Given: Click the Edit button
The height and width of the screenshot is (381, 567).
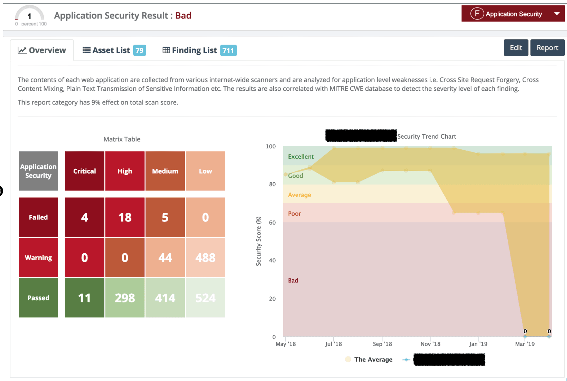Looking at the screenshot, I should [516, 48].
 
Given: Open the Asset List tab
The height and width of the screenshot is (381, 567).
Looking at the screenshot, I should [111, 50].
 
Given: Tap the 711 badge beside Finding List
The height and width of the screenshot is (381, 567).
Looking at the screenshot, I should [228, 50].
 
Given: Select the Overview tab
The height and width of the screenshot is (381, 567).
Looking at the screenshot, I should [42, 50].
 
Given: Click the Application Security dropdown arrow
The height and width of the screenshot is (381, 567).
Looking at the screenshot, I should [557, 14].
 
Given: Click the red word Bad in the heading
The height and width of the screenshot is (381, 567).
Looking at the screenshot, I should [183, 16].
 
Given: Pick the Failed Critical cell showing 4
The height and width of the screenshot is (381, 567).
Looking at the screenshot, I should [84, 217].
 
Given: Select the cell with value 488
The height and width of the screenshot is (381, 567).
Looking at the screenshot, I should [205, 257].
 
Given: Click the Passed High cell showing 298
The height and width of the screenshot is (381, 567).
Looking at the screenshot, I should [125, 298].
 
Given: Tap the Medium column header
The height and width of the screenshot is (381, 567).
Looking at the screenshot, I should [165, 171].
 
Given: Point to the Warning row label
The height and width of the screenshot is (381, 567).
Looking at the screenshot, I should [38, 257].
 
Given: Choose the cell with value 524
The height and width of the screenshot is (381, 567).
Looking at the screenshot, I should [205, 298].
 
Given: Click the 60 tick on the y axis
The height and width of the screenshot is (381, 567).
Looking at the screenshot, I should [272, 222].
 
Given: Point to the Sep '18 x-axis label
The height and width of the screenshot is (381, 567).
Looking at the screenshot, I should [382, 344].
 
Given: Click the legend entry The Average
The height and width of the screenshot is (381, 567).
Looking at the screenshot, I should [373, 359].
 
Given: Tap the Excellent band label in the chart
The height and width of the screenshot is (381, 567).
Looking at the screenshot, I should [301, 157].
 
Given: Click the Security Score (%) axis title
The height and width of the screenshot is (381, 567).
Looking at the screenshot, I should [258, 241].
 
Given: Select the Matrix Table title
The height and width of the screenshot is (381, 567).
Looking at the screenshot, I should [122, 139].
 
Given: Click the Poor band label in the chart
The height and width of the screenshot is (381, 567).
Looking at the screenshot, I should [294, 214].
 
